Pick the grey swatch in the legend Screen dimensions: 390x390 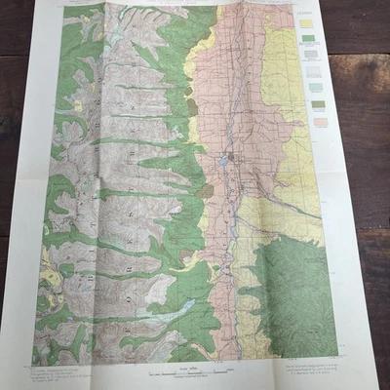(310, 56)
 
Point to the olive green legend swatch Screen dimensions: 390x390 (317, 101)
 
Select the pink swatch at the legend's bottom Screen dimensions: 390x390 (319, 119)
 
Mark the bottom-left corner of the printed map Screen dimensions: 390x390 (31, 366)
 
